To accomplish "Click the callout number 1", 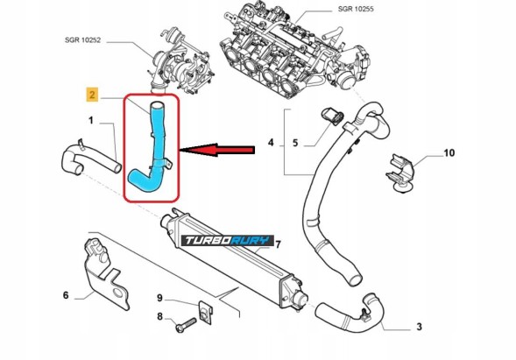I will (90, 120).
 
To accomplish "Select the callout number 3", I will (419, 327).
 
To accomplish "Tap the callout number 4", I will (271, 141).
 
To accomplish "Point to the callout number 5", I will (295, 141).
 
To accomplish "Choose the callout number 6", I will (66, 295).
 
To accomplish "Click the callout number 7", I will (279, 243).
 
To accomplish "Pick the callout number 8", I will (159, 317).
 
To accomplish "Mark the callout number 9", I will (159, 298).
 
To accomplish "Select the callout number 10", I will (450, 153).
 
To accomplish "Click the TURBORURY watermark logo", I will (229, 242).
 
